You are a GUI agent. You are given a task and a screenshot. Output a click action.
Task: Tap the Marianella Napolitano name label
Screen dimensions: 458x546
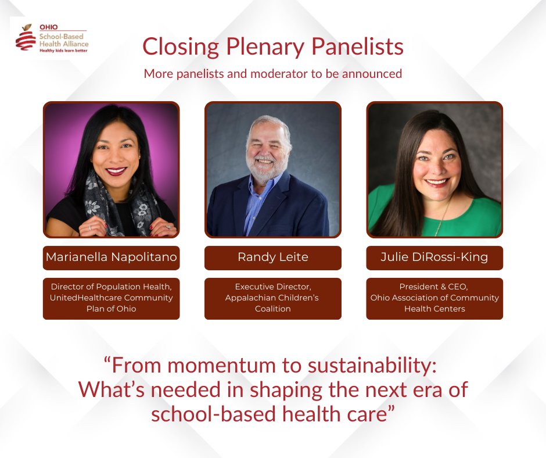(111, 258)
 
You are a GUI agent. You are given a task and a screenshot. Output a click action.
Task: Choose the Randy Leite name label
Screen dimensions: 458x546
(272, 258)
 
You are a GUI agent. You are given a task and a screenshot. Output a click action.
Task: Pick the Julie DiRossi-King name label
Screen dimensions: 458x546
(434, 258)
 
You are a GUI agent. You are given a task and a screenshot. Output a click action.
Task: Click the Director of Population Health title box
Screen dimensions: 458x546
(111, 298)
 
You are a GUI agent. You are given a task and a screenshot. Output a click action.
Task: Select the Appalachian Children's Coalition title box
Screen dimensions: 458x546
(272, 298)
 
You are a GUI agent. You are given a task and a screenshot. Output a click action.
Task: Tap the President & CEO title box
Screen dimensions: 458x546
(434, 298)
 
